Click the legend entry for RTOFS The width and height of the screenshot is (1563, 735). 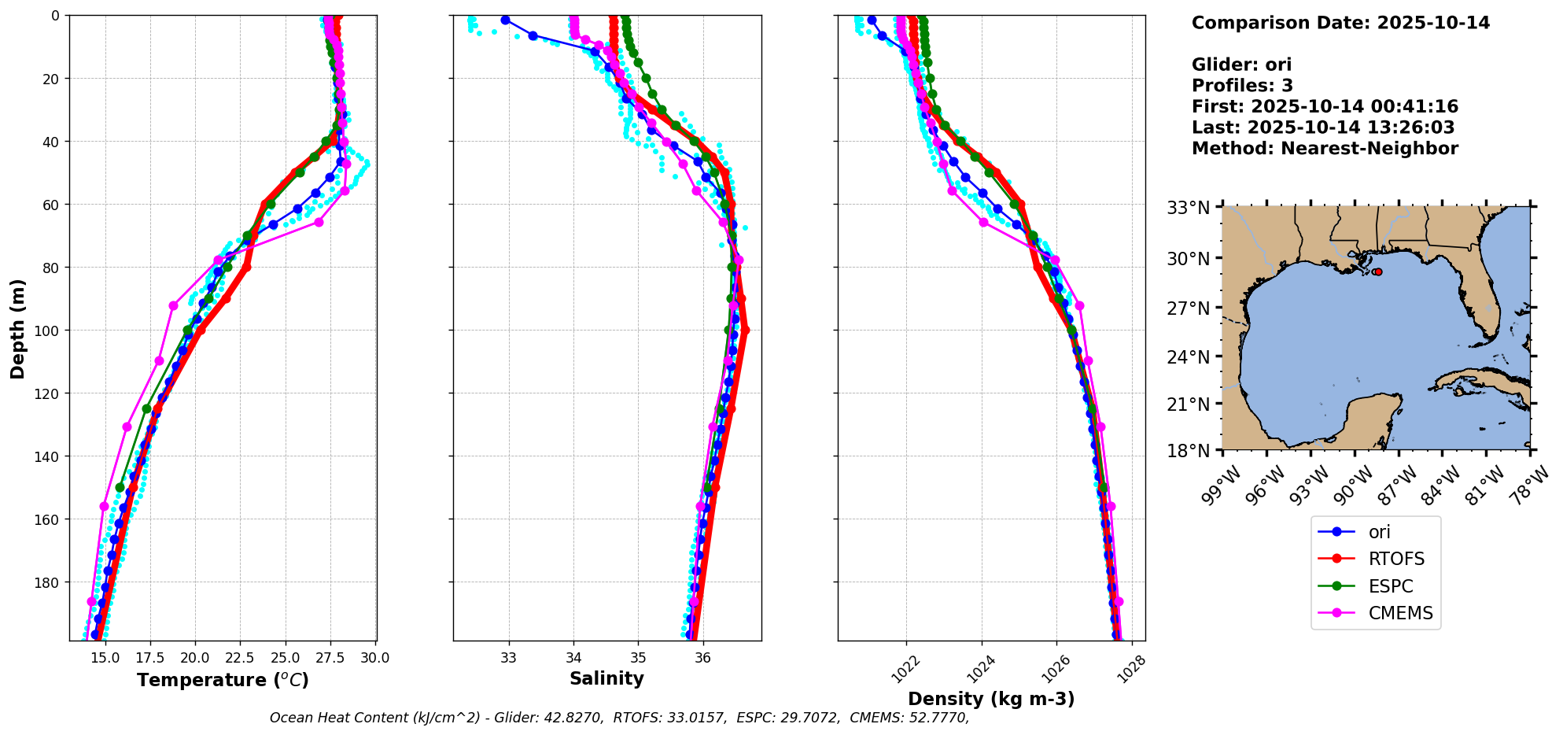click(1396, 560)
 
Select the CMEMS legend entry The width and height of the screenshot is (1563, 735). click(1400, 614)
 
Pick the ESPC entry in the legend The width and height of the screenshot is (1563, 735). click(1391, 587)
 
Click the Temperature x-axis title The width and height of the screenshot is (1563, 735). click(223, 680)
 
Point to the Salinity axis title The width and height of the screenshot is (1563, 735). click(606, 679)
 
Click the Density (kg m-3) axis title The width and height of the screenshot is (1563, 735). click(991, 699)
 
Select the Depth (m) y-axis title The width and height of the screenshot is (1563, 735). click(18, 328)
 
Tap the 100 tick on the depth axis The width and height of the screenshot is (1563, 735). click(48, 331)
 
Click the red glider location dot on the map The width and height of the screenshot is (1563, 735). click(1377, 271)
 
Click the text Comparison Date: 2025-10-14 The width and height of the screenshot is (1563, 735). click(1340, 23)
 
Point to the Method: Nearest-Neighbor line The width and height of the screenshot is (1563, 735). click(1325, 149)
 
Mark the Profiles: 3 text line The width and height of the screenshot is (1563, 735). click(1242, 86)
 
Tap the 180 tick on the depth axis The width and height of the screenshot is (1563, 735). click(48, 582)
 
